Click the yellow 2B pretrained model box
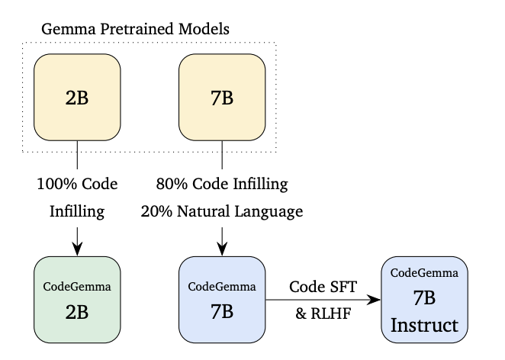(77, 97)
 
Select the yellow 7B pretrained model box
(222, 97)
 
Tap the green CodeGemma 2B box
(77, 300)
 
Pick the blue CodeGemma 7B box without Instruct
(222, 300)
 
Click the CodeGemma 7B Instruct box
(424, 300)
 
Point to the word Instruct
(424, 325)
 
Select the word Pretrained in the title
(137, 29)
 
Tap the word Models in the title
(204, 29)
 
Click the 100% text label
(57, 184)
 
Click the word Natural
(204, 211)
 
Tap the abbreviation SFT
(342, 287)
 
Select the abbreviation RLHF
(330, 313)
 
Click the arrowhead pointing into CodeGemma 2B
(77, 249)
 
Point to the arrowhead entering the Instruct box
(374, 300)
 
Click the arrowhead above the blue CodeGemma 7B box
(222, 249)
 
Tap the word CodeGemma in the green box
(77, 286)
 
